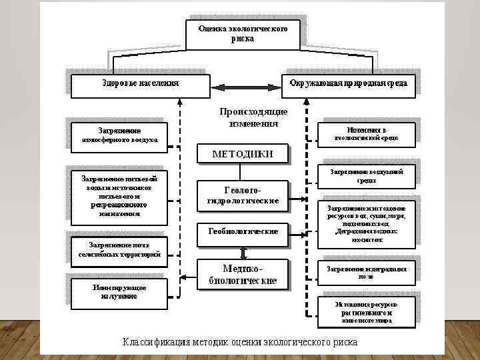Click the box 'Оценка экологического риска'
point(243,34)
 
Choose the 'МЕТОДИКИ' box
point(243,154)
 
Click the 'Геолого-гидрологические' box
point(243,195)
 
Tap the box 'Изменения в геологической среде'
point(366,133)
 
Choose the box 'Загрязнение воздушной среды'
point(366,175)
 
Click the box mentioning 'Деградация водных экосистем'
point(366,223)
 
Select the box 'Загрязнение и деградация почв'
point(366,271)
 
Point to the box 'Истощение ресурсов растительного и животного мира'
point(366,311)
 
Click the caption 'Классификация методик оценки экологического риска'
point(240,342)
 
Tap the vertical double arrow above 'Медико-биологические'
point(243,251)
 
